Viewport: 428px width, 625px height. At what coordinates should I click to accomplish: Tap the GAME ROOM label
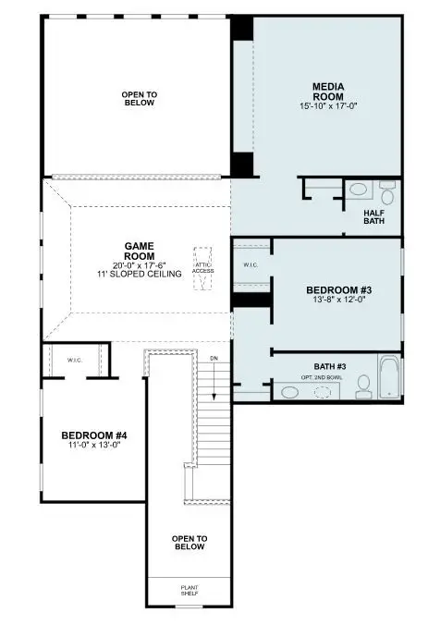(140, 251)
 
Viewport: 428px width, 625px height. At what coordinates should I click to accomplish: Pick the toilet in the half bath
(387, 194)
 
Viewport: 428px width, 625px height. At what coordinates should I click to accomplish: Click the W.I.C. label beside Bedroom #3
(250, 266)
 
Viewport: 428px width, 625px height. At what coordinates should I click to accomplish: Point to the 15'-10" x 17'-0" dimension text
(328, 106)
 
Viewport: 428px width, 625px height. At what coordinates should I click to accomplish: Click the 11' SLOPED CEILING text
(140, 275)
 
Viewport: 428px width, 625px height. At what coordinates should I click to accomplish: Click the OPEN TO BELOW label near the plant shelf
(189, 543)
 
